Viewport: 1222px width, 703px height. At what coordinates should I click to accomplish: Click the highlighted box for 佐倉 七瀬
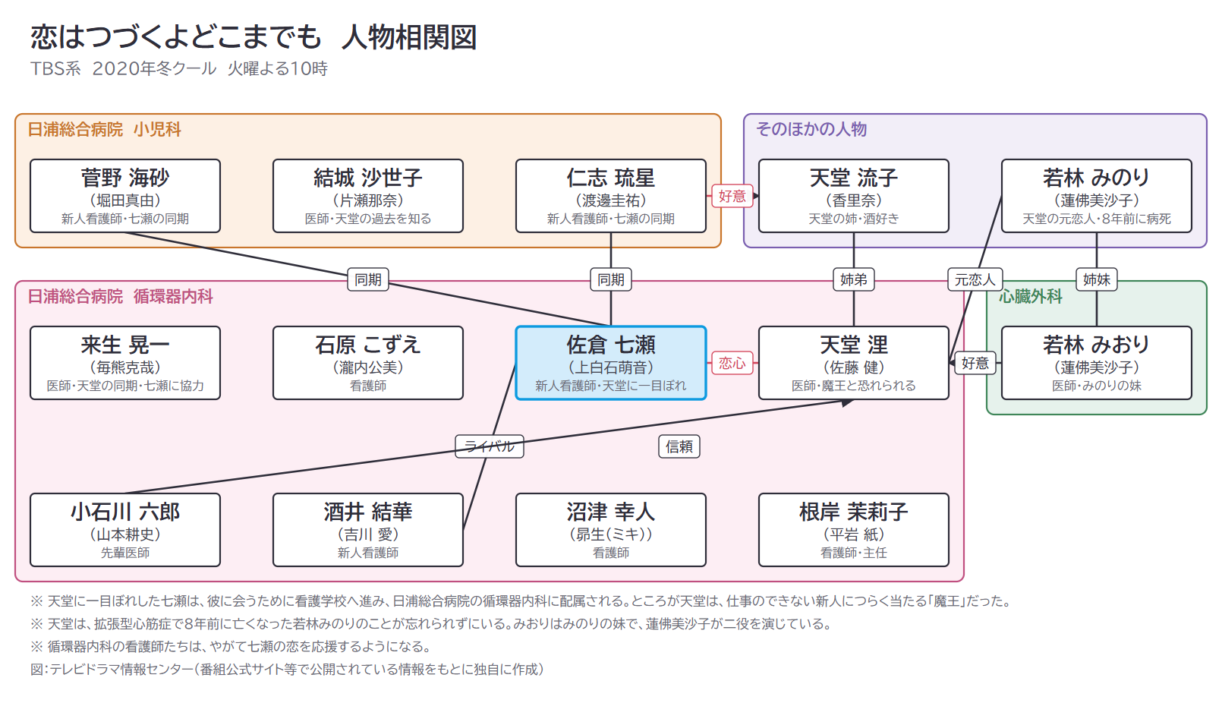610,363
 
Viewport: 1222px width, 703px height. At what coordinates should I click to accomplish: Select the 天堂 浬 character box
853,363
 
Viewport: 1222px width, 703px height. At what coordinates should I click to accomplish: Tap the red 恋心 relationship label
732,363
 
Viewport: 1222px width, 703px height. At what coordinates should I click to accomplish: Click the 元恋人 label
975,279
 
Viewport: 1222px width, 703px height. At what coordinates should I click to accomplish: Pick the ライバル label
490,446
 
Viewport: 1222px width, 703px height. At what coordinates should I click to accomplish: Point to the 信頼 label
679,446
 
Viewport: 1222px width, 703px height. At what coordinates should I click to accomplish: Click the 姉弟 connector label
853,279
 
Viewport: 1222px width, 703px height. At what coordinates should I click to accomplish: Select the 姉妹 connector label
1097,279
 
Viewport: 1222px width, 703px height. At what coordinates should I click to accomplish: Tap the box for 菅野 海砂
125,196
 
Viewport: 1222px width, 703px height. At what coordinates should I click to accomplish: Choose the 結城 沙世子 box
367,196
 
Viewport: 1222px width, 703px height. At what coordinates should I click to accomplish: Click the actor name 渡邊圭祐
610,200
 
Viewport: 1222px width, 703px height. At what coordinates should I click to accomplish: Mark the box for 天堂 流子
853,196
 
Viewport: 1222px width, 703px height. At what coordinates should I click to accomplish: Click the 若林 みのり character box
1097,196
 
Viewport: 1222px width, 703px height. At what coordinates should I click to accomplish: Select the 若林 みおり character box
1097,363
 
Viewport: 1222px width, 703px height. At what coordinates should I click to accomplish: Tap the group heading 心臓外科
1031,296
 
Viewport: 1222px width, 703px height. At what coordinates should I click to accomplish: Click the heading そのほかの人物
811,129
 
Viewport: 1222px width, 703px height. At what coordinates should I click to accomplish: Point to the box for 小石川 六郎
125,530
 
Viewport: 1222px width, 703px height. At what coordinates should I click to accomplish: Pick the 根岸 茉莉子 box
853,530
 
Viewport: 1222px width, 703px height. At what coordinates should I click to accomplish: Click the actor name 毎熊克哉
125,367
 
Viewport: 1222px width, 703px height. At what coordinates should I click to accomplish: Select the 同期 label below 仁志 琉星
610,279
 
